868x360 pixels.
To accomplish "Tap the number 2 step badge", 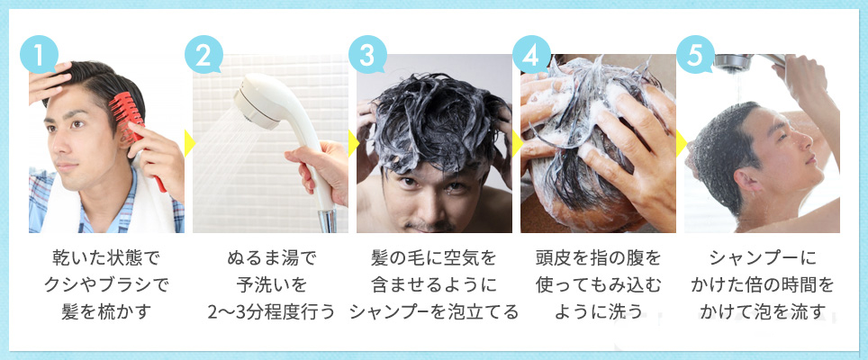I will pyautogui.click(x=203, y=53).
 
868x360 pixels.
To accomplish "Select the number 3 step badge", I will pyautogui.click(x=366, y=53).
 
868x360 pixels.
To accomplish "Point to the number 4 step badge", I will pyautogui.click(x=530, y=53).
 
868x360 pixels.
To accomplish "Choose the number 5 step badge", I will pyautogui.click(x=694, y=53).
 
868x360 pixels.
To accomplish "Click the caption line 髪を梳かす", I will pyautogui.click(x=105, y=313).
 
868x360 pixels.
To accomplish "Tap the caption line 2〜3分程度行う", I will pyautogui.click(x=270, y=313).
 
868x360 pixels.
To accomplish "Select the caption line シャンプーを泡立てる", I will pyautogui.click(x=434, y=313).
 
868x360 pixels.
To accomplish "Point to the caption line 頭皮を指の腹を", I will pyautogui.click(x=598, y=259).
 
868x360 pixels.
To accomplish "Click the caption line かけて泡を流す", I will pyautogui.click(x=762, y=313).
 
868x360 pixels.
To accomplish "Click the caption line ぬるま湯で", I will pyautogui.click(x=270, y=259).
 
